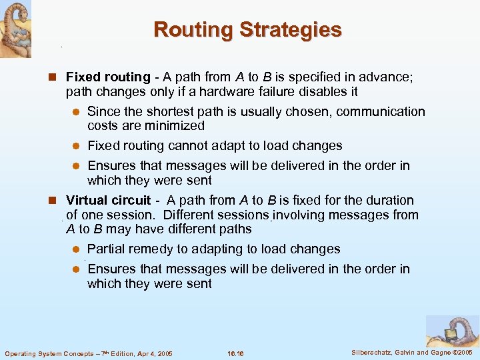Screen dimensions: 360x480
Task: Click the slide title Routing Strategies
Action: (x=247, y=30)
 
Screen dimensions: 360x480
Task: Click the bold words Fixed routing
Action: (x=108, y=77)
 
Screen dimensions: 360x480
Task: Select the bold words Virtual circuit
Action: (x=109, y=200)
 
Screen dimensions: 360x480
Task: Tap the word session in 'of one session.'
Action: (x=133, y=215)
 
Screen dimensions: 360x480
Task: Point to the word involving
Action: (x=297, y=215)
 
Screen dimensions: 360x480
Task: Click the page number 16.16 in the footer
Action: (x=236, y=353)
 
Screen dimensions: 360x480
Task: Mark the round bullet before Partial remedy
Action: (x=76, y=249)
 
